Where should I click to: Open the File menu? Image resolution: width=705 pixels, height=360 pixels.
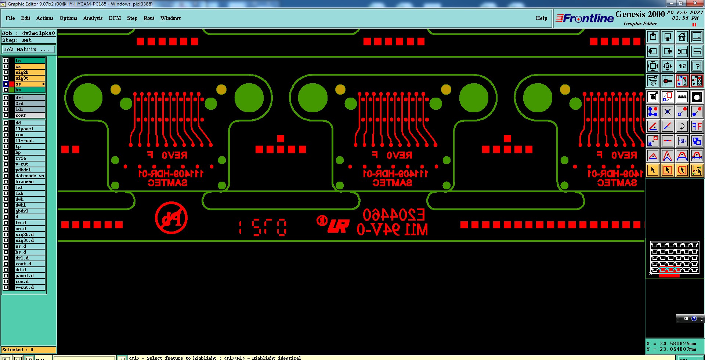pos(10,18)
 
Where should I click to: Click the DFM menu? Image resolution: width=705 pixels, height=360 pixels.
pos(115,18)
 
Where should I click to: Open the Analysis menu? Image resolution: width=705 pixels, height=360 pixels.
pos(93,18)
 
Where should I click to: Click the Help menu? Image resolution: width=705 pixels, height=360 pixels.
pos(541,18)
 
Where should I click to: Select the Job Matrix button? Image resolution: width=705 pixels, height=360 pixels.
pos(29,49)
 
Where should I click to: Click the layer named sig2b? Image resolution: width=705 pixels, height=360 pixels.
pos(29,72)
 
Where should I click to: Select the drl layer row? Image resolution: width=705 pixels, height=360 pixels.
pos(29,98)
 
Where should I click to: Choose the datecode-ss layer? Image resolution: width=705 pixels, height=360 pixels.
pos(29,176)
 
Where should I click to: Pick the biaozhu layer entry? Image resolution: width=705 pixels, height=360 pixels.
pos(29,182)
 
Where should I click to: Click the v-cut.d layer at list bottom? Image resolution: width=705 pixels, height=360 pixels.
pos(29,287)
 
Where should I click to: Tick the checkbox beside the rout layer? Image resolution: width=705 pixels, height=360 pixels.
pos(6,115)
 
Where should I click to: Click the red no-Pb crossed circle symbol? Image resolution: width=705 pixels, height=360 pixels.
pos(171,218)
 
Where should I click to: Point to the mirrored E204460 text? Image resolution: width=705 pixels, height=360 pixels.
pos(394,215)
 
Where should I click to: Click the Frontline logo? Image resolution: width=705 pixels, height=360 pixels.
pos(585,18)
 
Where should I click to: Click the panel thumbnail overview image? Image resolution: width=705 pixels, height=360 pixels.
pos(674,258)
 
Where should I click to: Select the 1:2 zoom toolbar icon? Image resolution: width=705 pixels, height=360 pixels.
pos(682,66)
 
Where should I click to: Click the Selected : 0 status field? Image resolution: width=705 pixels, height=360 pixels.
pos(29,350)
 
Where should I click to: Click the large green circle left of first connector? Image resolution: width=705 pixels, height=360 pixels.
pos(88,98)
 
